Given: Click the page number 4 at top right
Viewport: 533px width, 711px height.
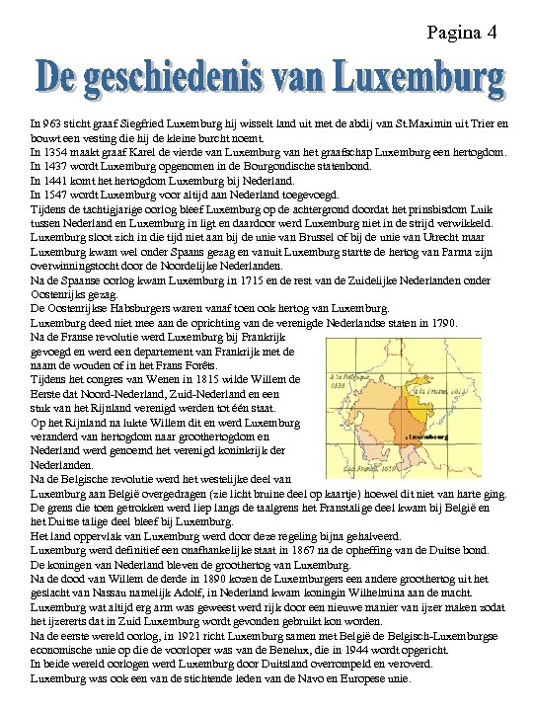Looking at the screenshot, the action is [491, 34].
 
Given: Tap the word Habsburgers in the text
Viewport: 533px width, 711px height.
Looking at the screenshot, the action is [140, 307].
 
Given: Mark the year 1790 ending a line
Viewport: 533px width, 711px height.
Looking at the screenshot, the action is [441, 322].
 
